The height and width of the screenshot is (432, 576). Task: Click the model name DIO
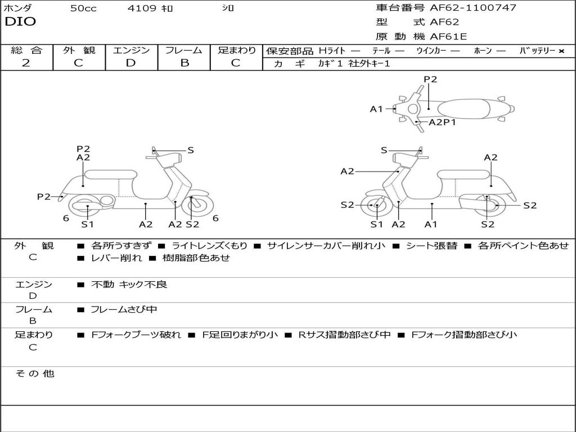(x=20, y=22)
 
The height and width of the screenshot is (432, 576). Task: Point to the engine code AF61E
(x=448, y=37)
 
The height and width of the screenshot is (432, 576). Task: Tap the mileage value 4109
(x=142, y=8)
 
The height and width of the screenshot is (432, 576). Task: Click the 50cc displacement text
(x=83, y=8)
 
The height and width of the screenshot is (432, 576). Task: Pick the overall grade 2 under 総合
(x=26, y=62)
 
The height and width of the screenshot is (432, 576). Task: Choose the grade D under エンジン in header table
(x=130, y=62)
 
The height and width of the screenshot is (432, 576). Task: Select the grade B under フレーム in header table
(x=184, y=62)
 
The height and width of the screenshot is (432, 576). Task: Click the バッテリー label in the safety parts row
(x=537, y=51)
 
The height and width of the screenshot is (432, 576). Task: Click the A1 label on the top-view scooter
(x=376, y=109)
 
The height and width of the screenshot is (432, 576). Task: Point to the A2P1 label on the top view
(x=442, y=122)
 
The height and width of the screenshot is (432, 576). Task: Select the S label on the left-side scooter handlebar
(x=191, y=150)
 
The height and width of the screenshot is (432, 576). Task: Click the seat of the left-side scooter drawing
(x=110, y=174)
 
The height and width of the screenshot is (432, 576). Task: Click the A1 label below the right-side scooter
(x=431, y=224)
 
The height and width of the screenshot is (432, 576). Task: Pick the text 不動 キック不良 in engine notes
(x=129, y=285)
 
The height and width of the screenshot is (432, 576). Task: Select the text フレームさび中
(x=124, y=309)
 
